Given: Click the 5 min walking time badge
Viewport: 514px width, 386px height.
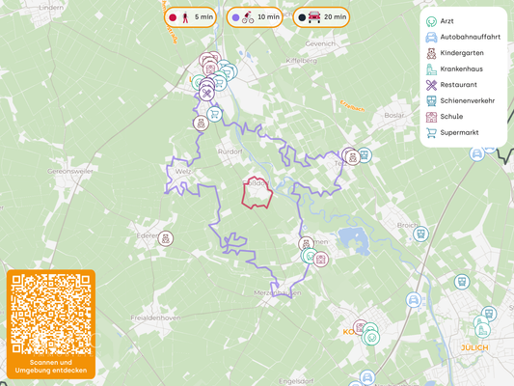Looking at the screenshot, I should click(x=189, y=17).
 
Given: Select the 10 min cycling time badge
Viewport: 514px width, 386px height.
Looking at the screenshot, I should click(x=254, y=17).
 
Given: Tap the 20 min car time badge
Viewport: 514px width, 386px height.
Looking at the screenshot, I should click(x=322, y=17).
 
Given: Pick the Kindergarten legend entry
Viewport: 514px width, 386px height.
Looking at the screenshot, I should click(x=461, y=53).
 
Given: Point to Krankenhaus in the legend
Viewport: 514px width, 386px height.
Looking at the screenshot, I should click(x=460, y=69).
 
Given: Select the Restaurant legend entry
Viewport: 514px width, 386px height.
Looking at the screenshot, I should click(x=457, y=85).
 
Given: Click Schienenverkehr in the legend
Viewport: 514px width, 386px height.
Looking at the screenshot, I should click(x=465, y=100).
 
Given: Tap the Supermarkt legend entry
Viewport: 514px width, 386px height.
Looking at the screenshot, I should click(x=459, y=132).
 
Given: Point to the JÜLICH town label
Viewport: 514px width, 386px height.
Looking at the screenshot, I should click(x=473, y=347).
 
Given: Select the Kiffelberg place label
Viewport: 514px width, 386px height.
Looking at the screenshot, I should click(x=302, y=60).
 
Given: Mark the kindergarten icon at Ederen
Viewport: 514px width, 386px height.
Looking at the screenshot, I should click(x=166, y=238).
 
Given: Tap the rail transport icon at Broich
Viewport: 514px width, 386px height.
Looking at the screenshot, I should click(x=420, y=234).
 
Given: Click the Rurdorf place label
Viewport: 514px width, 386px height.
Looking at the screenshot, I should click(x=230, y=152).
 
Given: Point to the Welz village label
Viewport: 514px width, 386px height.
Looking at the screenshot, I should click(x=183, y=172).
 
